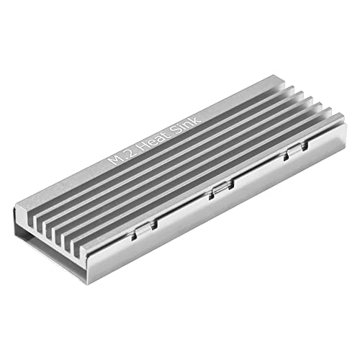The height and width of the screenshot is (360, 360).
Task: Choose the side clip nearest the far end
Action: pyautogui.click(x=291, y=153)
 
